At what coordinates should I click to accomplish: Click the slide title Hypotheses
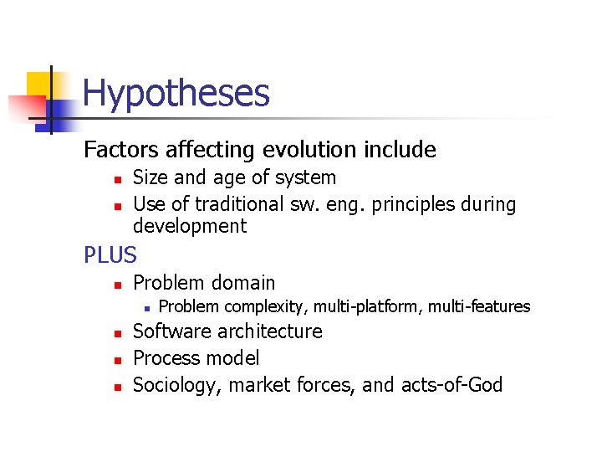(x=176, y=93)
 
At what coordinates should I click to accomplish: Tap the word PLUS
(x=110, y=254)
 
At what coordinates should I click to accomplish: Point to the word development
(x=190, y=226)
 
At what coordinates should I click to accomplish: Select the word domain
(x=242, y=283)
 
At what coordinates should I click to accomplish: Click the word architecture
(x=268, y=331)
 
